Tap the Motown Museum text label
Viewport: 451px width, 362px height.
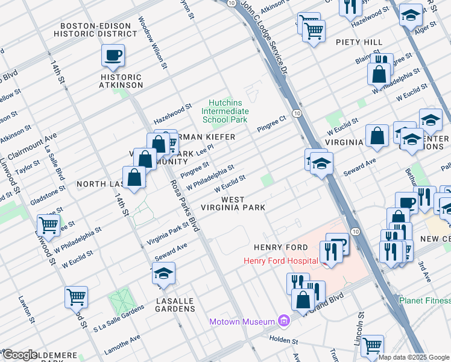point(242,321)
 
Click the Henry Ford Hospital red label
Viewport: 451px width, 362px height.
point(280,261)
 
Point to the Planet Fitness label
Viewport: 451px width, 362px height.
point(424,300)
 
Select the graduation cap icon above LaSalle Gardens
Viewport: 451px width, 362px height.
point(163,275)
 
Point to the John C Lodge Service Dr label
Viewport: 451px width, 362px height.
point(265,39)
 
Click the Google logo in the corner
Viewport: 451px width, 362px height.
point(20,354)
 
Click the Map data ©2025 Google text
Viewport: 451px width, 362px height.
point(414,357)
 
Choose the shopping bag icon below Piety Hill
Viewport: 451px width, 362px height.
point(380,74)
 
